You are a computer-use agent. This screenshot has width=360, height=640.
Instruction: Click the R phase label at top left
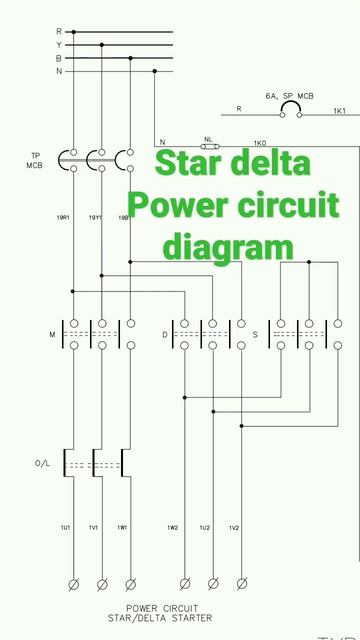tap(59, 32)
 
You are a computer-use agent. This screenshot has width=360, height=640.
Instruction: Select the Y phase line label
tap(59, 45)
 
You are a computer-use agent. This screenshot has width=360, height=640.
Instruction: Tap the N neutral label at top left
tap(59, 71)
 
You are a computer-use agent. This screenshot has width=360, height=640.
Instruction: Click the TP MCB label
tap(34, 160)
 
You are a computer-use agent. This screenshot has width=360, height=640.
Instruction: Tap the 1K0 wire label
tap(260, 143)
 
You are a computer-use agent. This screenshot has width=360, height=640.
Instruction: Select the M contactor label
tap(51, 334)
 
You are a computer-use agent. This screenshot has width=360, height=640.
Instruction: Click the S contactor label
tap(255, 334)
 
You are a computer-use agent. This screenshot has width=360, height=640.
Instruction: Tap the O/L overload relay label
tap(42, 464)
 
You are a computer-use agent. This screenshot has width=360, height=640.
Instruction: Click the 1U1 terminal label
tap(65, 527)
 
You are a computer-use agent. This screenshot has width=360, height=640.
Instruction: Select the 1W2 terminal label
tap(173, 527)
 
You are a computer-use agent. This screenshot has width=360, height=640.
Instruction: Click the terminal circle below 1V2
tap(241, 583)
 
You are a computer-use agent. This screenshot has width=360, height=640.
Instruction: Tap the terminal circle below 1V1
tap(101, 583)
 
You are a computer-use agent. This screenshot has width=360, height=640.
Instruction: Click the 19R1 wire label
tap(63, 218)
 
